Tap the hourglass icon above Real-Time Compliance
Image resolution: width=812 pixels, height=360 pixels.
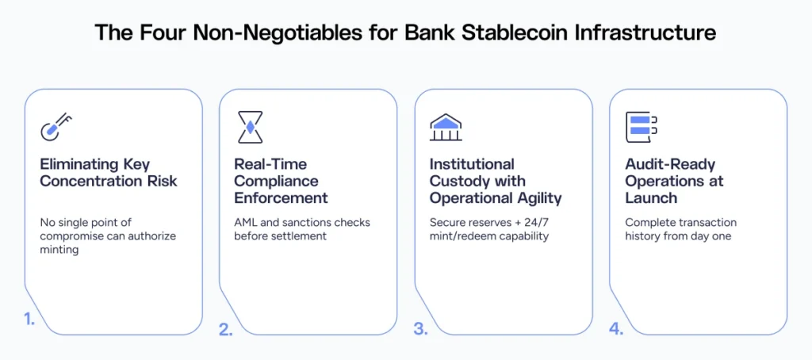[251, 127]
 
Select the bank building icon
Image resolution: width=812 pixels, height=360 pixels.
[446, 127]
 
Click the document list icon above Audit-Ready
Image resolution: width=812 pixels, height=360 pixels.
[642, 127]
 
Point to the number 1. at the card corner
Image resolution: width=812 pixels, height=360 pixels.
[30, 320]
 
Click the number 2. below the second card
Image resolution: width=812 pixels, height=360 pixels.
[226, 329]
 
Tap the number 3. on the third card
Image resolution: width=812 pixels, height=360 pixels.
[420, 329]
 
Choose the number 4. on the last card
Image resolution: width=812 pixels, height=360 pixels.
[616, 329]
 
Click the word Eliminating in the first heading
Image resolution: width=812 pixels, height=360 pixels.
[80, 164]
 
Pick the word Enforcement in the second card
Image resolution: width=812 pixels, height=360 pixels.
[281, 197]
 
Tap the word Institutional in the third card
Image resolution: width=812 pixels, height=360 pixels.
[472, 164]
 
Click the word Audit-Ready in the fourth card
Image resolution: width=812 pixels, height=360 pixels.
[670, 164]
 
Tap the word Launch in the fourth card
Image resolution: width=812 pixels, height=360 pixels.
[649, 197]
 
